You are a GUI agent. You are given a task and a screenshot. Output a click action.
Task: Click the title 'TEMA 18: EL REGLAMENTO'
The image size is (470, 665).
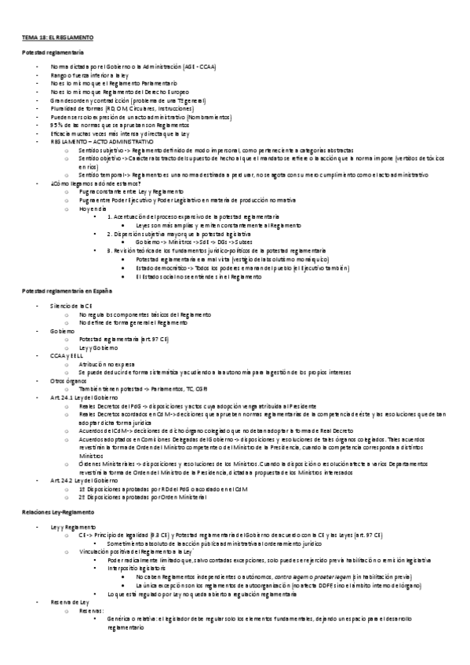click(x=57, y=37)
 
